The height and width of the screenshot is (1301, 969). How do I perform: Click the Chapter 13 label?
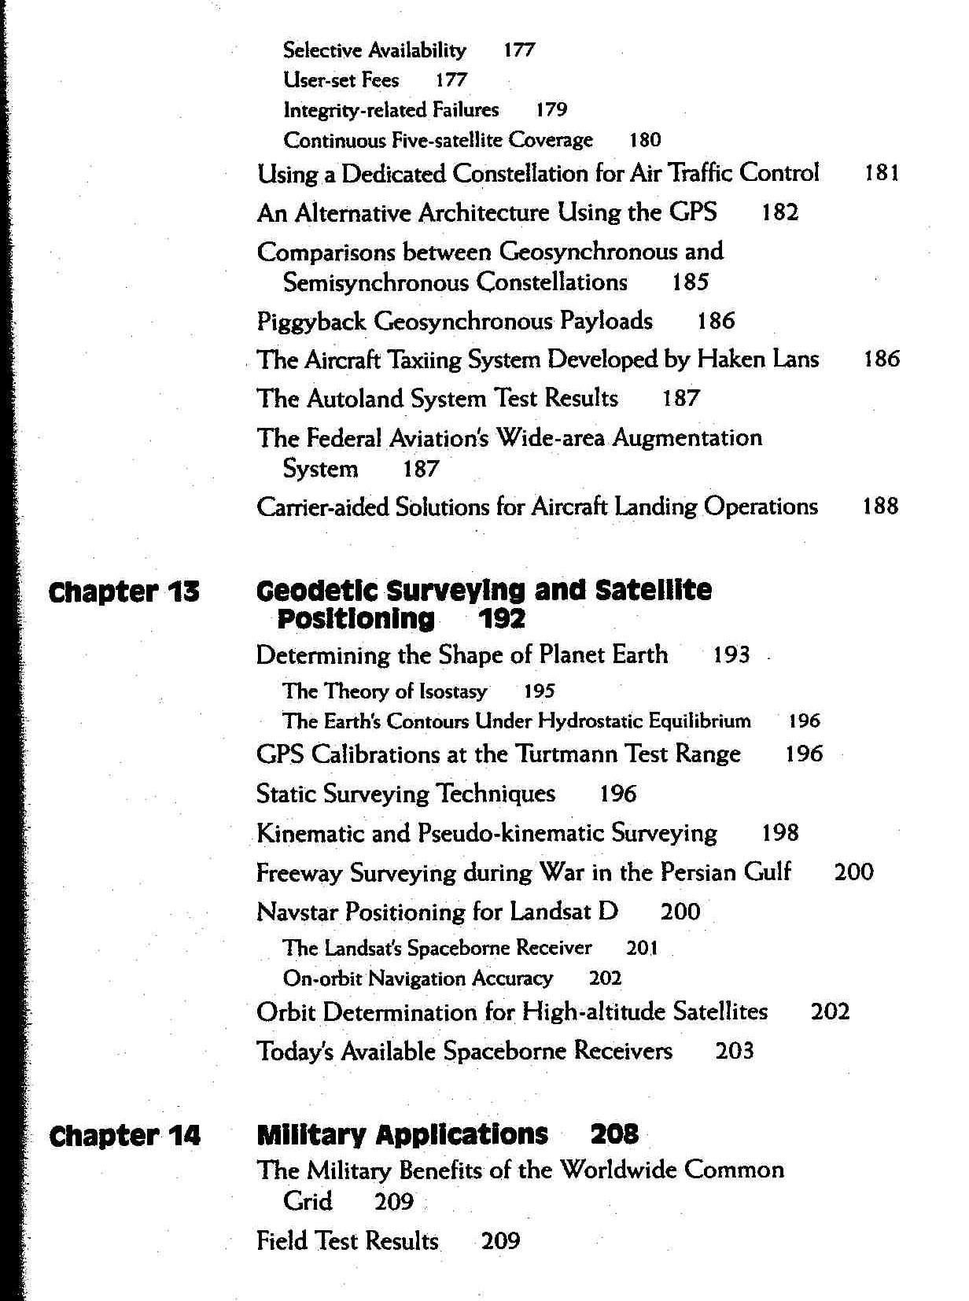pos(124,592)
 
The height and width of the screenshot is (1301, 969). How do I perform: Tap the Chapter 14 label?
pos(124,1136)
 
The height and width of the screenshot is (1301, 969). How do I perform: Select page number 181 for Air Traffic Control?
pos(882,173)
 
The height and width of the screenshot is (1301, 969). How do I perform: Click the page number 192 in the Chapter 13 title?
pos(502,620)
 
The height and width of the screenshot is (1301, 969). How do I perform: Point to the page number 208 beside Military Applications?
pos(614,1134)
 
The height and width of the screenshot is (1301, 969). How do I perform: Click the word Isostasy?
pos(453,691)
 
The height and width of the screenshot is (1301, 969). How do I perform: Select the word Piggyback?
pos(311,322)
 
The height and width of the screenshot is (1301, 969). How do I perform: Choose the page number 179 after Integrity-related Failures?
pos(551,110)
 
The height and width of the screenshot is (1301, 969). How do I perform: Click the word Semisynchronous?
pos(376,282)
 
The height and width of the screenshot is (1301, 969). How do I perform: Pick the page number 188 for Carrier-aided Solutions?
pos(880,506)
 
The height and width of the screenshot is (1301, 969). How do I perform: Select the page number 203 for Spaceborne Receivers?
pos(735,1051)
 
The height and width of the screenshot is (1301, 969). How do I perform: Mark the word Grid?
pos(308,1201)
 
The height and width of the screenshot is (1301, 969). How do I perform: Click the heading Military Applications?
pos(402,1134)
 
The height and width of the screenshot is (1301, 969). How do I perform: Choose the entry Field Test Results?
pos(347,1241)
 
